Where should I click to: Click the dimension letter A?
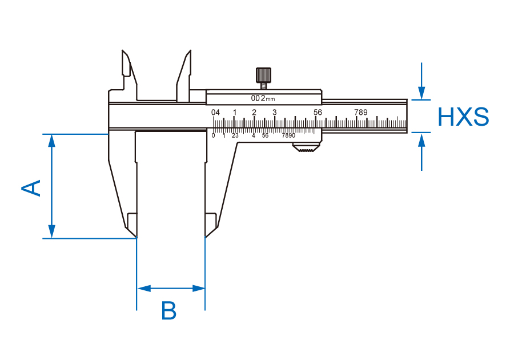pyautogui.click(x=32, y=187)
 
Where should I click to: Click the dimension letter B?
pyautogui.click(x=169, y=311)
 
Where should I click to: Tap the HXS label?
pyautogui.click(x=463, y=117)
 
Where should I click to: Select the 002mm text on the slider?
pyautogui.click(x=263, y=98)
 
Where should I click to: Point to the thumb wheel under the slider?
pyautogui.click(x=306, y=150)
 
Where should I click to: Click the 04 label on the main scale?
pyautogui.click(x=216, y=112)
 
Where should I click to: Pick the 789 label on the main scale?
pyautogui.click(x=360, y=112)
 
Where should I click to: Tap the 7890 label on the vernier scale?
pyautogui.click(x=288, y=135)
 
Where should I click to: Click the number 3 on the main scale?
pyautogui.click(x=274, y=112)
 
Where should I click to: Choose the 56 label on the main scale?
pyautogui.click(x=318, y=112)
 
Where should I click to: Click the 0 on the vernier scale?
pyautogui.click(x=214, y=135)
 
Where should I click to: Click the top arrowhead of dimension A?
pyautogui.click(x=52, y=140)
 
